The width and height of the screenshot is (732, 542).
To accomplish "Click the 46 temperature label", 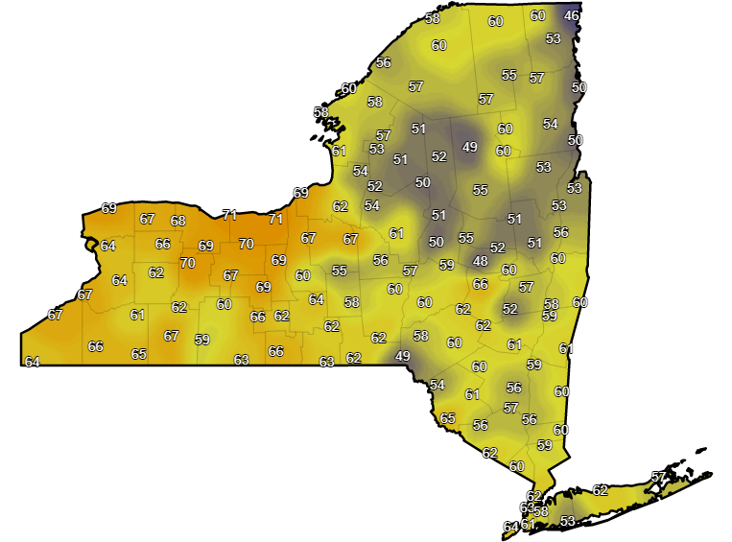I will click(572, 16).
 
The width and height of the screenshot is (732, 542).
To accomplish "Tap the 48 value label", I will click(480, 261).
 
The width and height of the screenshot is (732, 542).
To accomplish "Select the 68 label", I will click(178, 221).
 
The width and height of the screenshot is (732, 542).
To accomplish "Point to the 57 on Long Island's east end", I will click(658, 477).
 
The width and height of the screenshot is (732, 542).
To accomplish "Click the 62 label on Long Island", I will click(601, 490).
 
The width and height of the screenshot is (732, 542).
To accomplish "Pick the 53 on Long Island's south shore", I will click(567, 521).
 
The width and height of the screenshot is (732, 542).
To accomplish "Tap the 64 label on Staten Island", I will click(510, 527).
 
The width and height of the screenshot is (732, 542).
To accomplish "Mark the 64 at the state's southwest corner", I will click(33, 362).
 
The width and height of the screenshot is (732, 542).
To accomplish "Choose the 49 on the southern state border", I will click(403, 356).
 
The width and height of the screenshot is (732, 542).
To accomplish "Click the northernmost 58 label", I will click(433, 19).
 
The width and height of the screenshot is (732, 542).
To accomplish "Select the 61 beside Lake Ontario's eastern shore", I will click(339, 151).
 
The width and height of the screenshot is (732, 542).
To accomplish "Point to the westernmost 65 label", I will click(139, 354).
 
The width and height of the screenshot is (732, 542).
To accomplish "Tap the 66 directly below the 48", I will click(481, 284).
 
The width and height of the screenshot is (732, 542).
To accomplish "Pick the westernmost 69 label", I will click(109, 208).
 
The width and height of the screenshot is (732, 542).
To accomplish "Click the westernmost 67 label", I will click(55, 315).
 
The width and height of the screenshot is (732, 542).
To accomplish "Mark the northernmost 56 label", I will click(384, 62).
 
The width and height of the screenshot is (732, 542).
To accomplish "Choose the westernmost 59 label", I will click(201, 339).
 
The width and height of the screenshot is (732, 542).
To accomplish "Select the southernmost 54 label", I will click(437, 385).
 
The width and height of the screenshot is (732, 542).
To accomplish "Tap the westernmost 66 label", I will click(96, 346).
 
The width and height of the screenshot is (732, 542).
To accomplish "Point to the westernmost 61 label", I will click(137, 315).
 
